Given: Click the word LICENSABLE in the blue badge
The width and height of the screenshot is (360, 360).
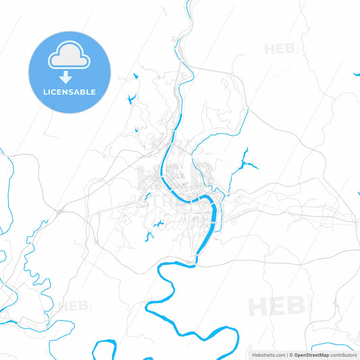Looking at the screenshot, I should pos(69,92).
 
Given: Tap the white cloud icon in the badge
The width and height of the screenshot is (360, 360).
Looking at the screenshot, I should pos(69,58).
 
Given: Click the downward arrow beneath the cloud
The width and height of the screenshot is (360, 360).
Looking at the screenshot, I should pos(69,76).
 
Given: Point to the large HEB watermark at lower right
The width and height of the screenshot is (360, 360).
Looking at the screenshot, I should pos(276,306).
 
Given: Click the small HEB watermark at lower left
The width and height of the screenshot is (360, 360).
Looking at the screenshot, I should pos(72,306).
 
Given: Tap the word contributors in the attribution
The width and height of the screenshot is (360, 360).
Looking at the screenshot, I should pos(344,354).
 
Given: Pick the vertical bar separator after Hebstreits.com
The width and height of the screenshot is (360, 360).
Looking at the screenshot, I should pos(286,354).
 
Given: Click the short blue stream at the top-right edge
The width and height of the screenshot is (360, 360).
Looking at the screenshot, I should pos(355,74).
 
